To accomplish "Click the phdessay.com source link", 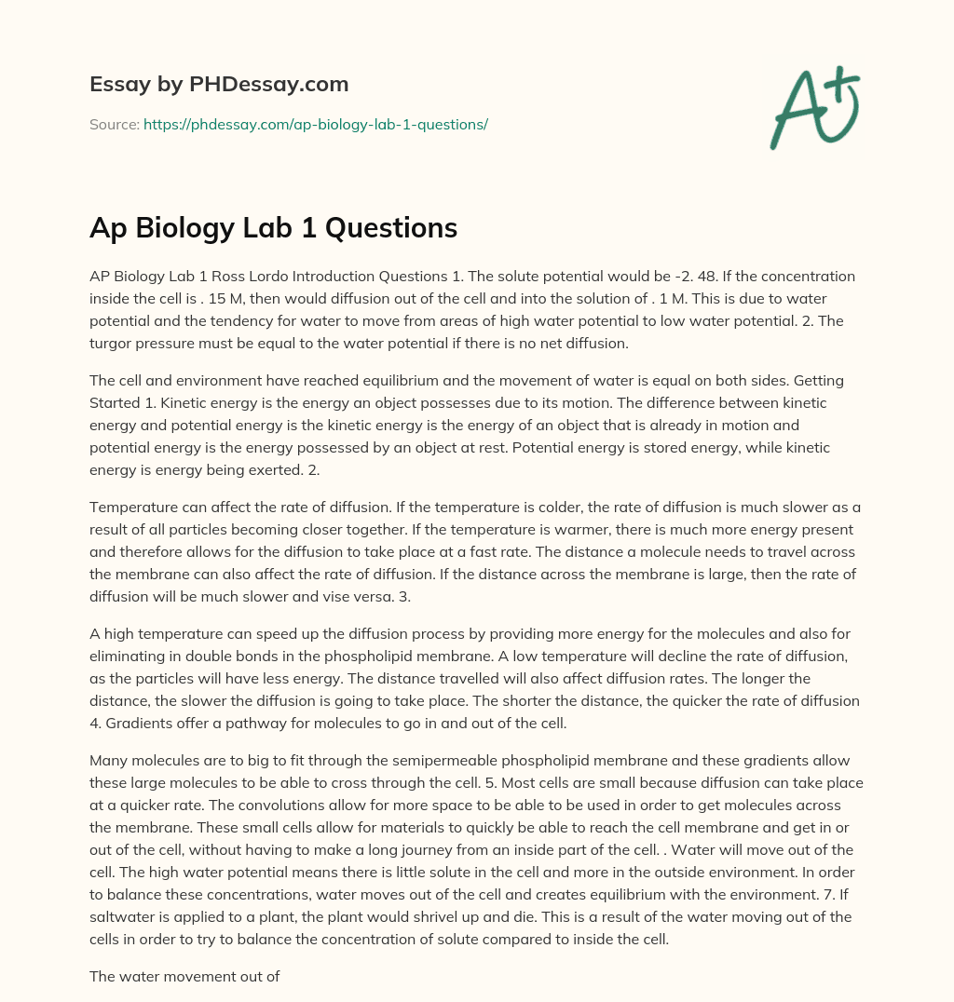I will click(x=316, y=124).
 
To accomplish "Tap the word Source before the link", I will click(x=114, y=124).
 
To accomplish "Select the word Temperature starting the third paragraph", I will click(x=133, y=507).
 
